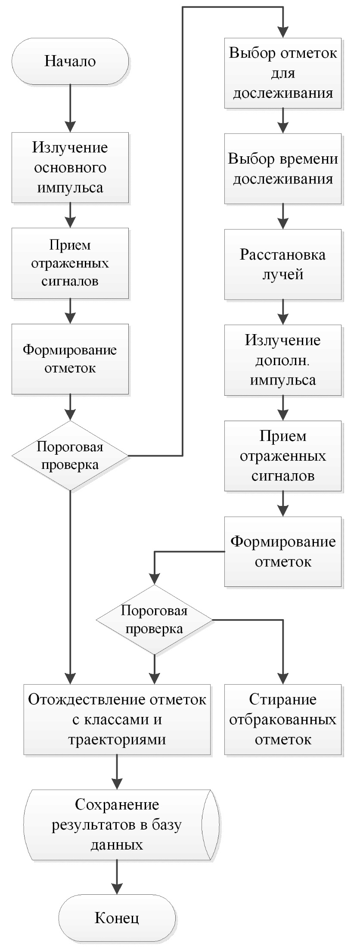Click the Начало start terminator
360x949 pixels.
pyautogui.click(x=70, y=61)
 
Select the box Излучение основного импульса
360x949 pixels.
pyautogui.click(x=70, y=167)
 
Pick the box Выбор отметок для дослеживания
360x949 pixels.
pyautogui.click(x=283, y=73)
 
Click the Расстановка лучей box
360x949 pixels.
pyautogui.click(x=283, y=264)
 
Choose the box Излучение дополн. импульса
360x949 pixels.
pyautogui.click(x=283, y=360)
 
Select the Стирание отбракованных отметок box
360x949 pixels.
pyautogui.click(x=283, y=720)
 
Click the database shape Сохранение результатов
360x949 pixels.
pyautogui.click(x=117, y=825)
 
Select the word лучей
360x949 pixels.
pyautogui.click(x=283, y=274)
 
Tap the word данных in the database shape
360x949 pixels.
pyautogui.click(x=117, y=845)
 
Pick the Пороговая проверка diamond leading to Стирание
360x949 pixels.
pyautogui.click(x=154, y=620)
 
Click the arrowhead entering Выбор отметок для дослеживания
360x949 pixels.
pyautogui.click(x=283, y=32)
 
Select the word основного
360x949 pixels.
pyautogui.click(x=70, y=167)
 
